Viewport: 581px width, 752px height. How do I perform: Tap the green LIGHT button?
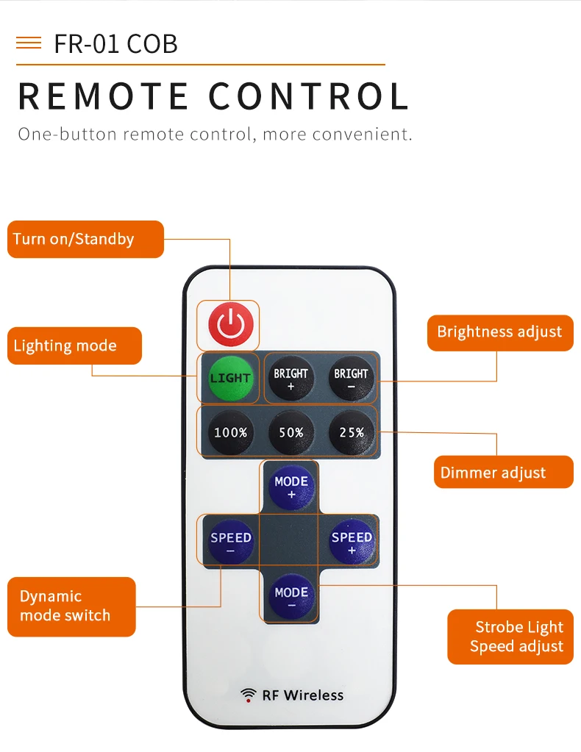(x=230, y=378)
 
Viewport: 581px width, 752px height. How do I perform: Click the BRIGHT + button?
(x=290, y=378)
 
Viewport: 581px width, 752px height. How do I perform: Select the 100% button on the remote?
(x=230, y=432)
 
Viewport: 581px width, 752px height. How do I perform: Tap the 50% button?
(x=291, y=432)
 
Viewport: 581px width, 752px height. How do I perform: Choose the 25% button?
(x=352, y=432)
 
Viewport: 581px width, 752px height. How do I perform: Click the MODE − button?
(x=291, y=597)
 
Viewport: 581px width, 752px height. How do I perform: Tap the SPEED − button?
(x=231, y=542)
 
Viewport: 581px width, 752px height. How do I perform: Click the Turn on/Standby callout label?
(x=85, y=239)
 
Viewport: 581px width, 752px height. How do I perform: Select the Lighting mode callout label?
(x=74, y=345)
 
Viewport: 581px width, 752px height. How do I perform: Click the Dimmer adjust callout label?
(x=503, y=472)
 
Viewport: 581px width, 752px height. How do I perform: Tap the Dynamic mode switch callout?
(x=71, y=606)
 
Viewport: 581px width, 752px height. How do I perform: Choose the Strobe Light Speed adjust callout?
(x=510, y=637)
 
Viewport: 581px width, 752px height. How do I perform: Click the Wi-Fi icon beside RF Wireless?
(x=248, y=695)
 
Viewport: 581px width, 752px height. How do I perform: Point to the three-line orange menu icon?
(x=29, y=43)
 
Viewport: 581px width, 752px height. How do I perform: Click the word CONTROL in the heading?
(x=308, y=96)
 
